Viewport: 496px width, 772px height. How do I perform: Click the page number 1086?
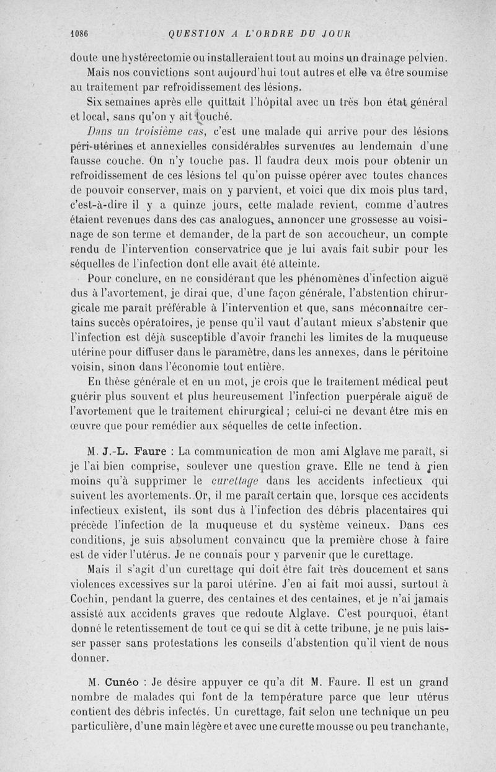point(80,34)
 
